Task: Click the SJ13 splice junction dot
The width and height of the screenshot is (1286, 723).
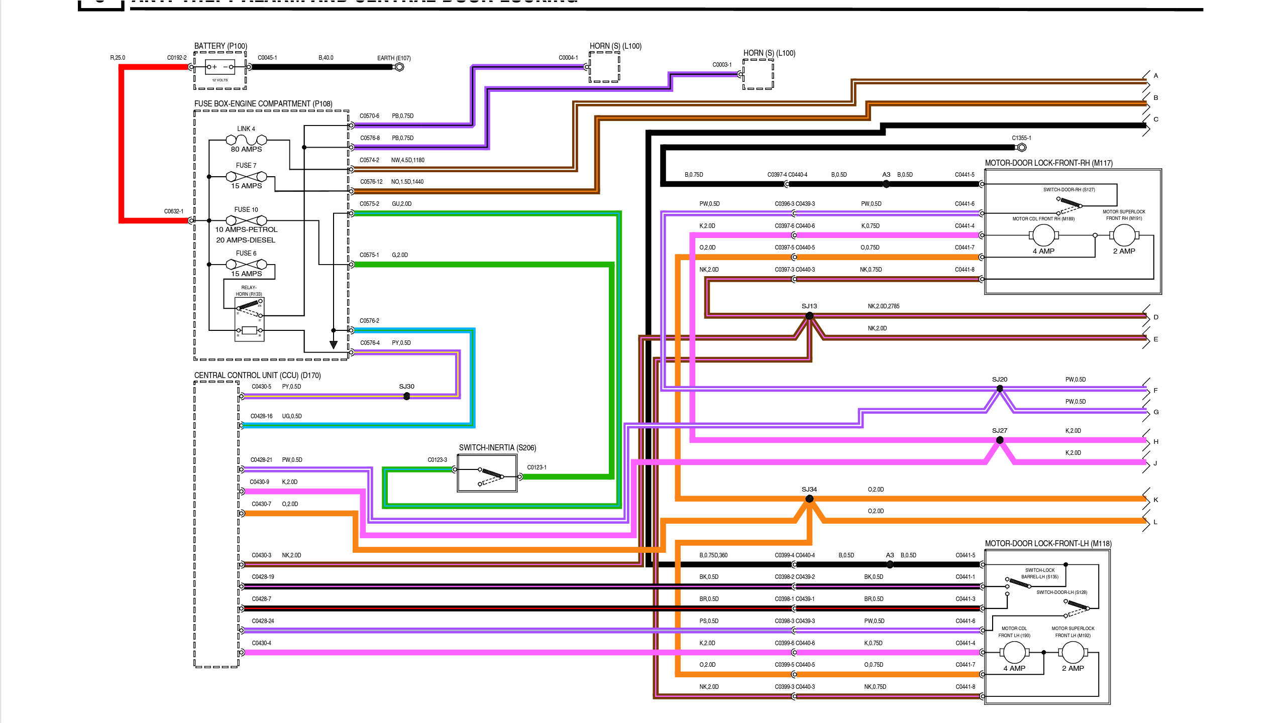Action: tap(809, 316)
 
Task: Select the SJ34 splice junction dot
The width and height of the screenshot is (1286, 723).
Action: tap(809, 499)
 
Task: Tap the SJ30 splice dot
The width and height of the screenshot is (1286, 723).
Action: tap(407, 396)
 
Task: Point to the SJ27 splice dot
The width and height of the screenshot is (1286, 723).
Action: tap(1000, 440)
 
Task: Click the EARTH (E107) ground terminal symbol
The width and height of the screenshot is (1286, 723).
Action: tap(399, 67)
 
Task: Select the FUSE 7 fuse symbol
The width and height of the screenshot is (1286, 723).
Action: tap(246, 176)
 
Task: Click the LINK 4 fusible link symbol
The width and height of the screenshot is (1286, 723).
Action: tap(246, 140)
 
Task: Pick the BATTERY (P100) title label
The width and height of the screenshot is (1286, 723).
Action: tap(221, 46)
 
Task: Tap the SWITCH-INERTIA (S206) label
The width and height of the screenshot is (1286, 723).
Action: tap(497, 448)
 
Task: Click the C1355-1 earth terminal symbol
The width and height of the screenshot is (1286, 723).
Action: tap(1021, 148)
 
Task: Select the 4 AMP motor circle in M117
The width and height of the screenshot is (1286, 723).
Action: tap(1043, 235)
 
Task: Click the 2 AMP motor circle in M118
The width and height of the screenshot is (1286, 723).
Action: tap(1073, 652)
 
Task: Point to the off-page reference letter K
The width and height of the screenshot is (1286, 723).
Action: tap(1156, 500)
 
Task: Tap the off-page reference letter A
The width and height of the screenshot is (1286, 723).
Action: tap(1156, 76)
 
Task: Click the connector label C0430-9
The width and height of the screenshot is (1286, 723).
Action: tap(260, 482)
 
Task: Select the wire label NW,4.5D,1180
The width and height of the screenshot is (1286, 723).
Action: tap(407, 160)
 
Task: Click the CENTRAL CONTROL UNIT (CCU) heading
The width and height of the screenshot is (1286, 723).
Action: tap(257, 376)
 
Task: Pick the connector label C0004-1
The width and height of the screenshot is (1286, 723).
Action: tap(568, 58)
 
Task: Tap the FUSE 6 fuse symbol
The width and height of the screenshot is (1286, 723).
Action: tap(246, 264)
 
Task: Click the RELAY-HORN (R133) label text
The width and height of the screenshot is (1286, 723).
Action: tap(249, 291)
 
